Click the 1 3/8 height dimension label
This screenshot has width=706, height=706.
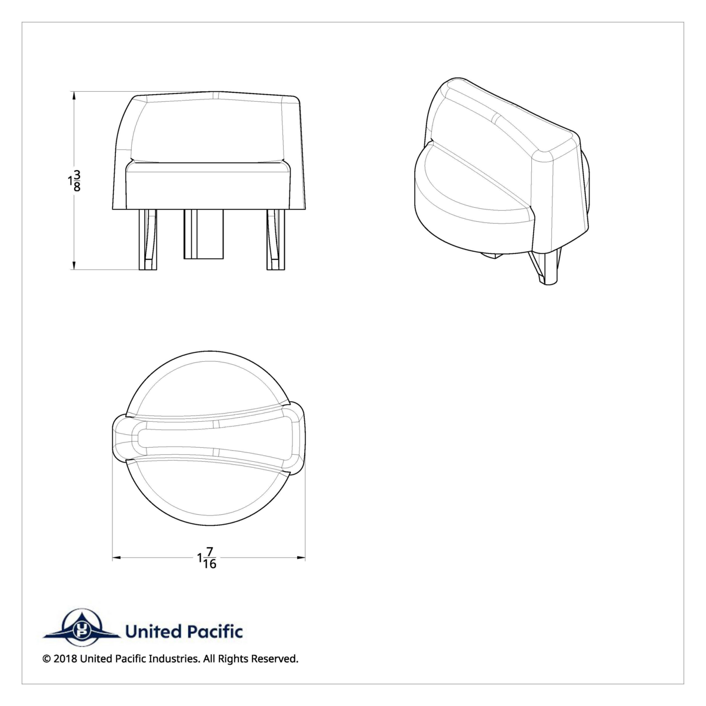pos(74,181)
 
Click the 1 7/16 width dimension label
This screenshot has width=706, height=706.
pos(207,557)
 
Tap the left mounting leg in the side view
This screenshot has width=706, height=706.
pos(148,239)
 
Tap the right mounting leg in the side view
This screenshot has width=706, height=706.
pos(275,239)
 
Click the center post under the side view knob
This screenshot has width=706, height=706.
pos(204,234)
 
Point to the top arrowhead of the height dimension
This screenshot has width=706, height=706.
pos(74,95)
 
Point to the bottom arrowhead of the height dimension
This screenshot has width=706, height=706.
pos(74,266)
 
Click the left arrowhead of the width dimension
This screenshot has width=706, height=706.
pos(116,558)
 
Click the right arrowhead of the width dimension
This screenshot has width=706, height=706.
pos(301,558)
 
